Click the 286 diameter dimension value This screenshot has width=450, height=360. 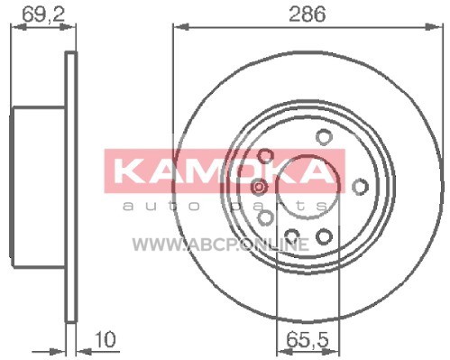(x=307, y=14)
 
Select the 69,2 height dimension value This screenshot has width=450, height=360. (x=44, y=14)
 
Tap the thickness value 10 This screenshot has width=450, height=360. (x=105, y=339)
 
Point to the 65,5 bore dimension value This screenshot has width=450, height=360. (x=308, y=339)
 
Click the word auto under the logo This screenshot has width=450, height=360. (x=161, y=206)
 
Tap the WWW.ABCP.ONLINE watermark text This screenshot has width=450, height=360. (x=221, y=245)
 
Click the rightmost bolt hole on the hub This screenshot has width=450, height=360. (x=360, y=187)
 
